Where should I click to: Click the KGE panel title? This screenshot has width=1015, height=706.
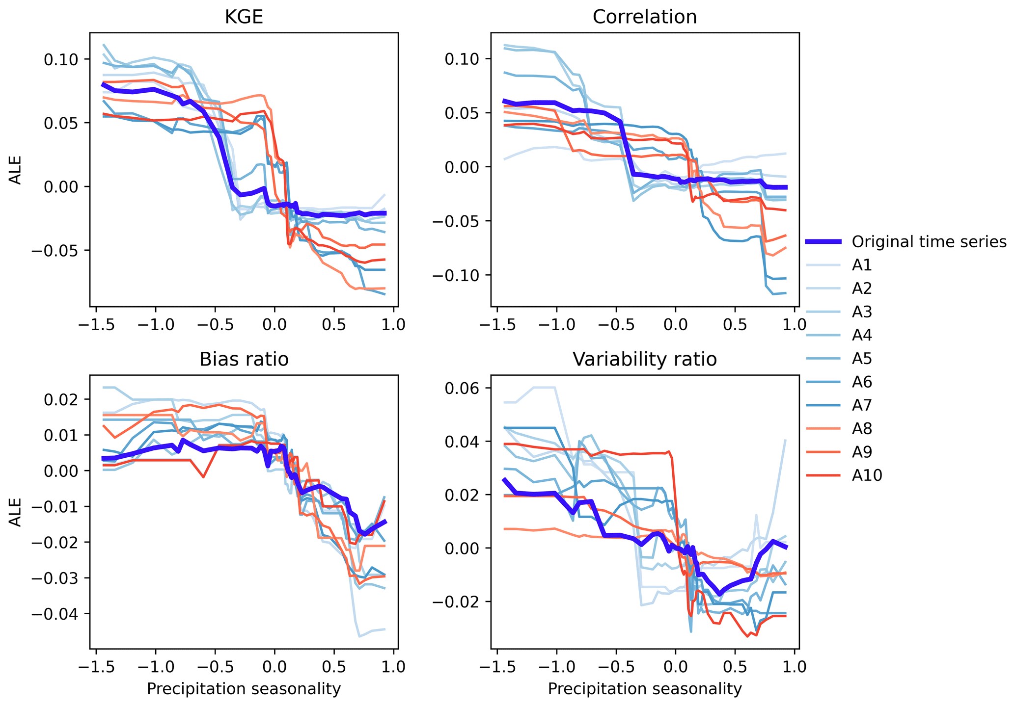[244, 17]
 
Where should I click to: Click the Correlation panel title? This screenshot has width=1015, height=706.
[644, 17]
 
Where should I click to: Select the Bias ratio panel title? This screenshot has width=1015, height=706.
[244, 360]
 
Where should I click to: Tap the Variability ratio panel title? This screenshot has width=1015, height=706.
[644, 360]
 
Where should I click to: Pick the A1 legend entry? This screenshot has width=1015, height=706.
[862, 265]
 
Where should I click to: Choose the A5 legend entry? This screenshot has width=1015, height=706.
[862, 359]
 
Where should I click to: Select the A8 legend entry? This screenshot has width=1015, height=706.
[862, 429]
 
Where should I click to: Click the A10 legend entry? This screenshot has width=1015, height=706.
[867, 475]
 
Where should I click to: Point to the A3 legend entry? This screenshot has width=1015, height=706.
[862, 312]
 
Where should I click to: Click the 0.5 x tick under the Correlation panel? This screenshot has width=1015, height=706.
[735, 324]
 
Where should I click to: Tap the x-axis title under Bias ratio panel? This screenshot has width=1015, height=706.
[244, 689]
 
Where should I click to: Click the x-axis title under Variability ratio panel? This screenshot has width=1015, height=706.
[644, 689]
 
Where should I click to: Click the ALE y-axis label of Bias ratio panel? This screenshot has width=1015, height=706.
[16, 512]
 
